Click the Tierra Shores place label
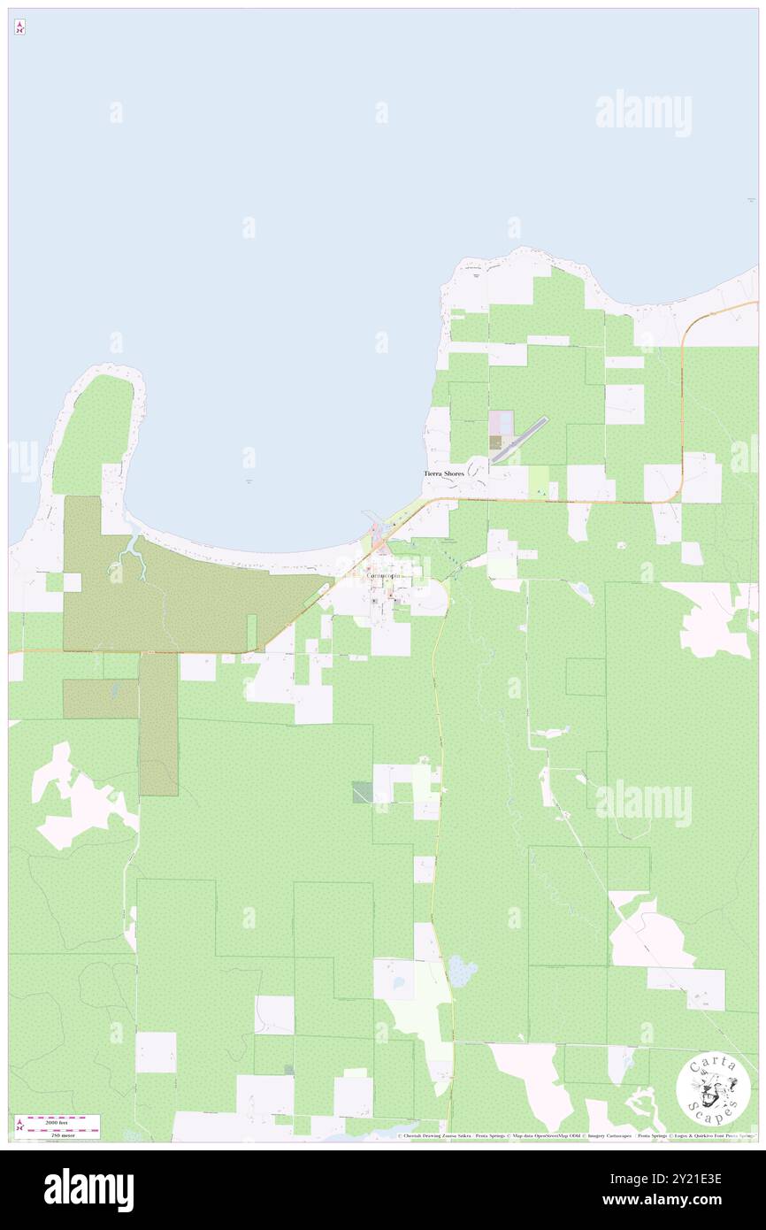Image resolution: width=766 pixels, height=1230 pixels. point(443,474)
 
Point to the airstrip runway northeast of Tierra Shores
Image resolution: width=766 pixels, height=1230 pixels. point(519,440)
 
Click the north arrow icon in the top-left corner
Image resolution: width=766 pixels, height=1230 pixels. point(19,27)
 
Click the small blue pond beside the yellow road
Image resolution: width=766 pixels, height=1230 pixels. point(460,972)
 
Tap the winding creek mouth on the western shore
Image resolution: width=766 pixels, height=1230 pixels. point(134,552)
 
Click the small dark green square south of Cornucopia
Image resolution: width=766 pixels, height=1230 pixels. point(362,791)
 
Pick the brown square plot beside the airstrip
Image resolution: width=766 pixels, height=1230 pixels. point(495,442)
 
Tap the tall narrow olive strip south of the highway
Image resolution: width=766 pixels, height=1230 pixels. point(158,723)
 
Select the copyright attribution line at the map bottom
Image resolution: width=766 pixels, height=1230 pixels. point(575,1136)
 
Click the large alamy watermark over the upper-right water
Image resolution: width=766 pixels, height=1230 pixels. point(643,113)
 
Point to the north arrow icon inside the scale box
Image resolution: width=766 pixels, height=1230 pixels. point(19,1126)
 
